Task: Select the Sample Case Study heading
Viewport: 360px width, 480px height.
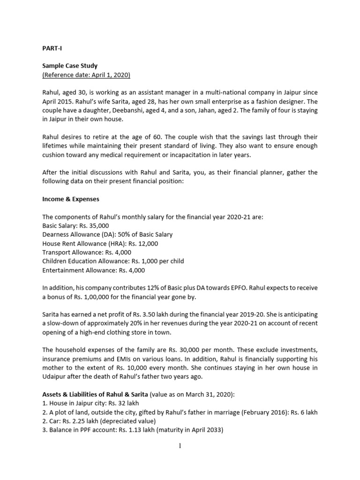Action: tap(70, 66)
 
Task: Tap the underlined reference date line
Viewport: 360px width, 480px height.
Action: tap(86, 75)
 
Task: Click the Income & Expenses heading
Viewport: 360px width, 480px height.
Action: tap(71, 199)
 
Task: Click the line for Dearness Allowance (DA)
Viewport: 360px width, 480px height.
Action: tap(107, 234)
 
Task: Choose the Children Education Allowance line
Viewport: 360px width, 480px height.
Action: tap(113, 261)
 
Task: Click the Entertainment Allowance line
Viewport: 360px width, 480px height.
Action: tap(94, 270)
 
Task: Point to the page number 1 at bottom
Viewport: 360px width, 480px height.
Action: tap(180, 446)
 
